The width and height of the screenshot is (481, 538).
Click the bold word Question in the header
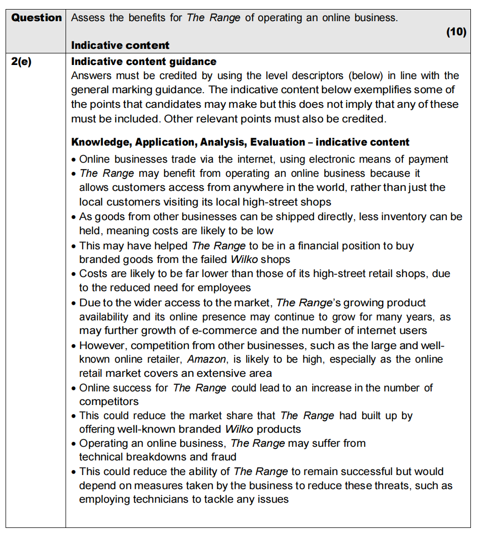(36, 18)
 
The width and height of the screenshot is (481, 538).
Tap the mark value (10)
(456, 32)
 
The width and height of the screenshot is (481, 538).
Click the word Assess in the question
(89, 18)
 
